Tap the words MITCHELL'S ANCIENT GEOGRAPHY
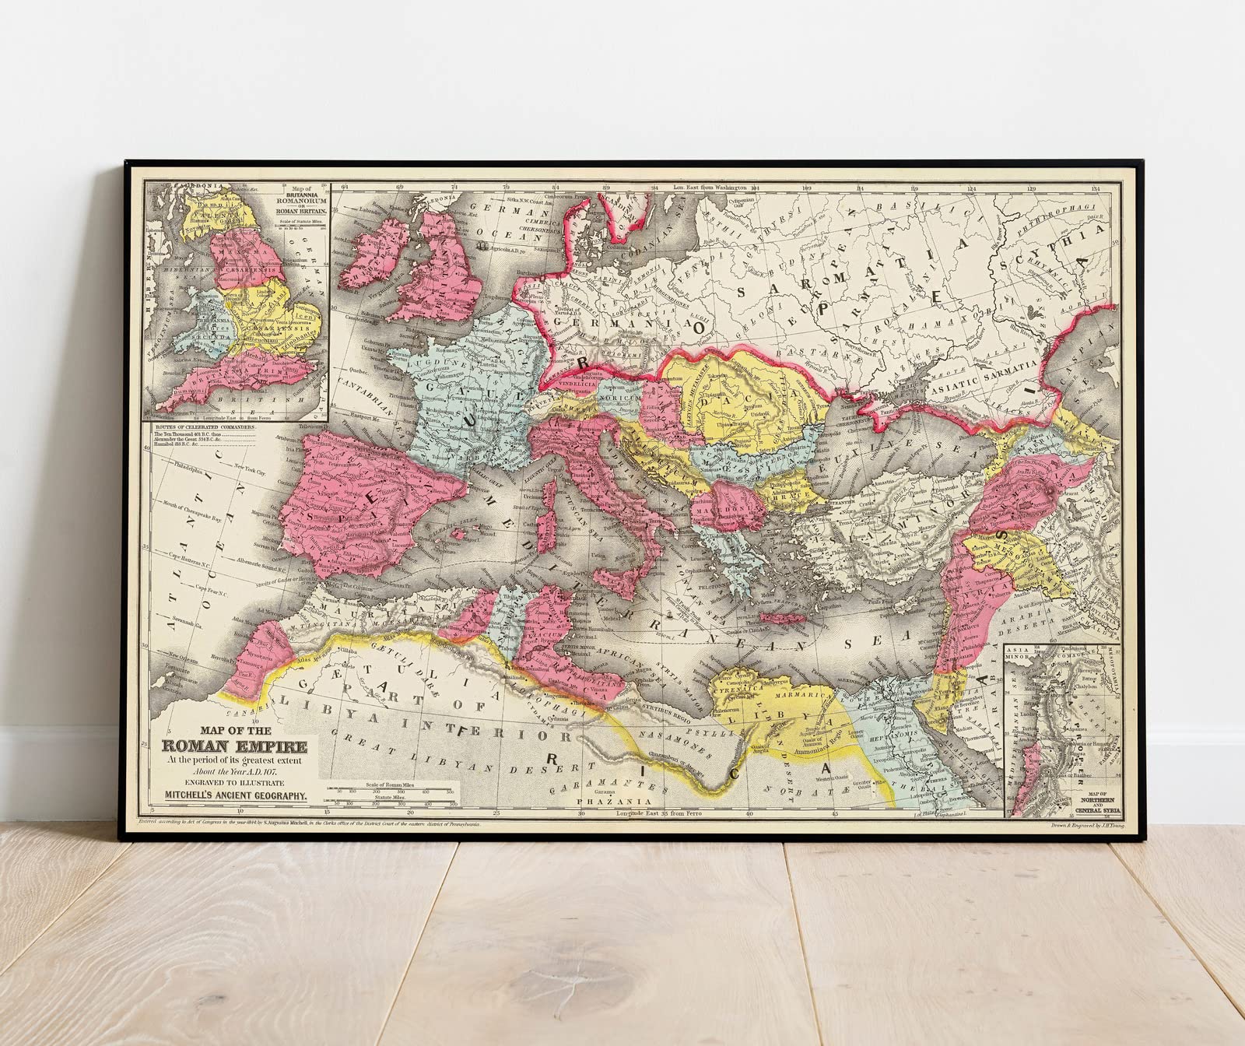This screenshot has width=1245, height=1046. pos(237,795)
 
